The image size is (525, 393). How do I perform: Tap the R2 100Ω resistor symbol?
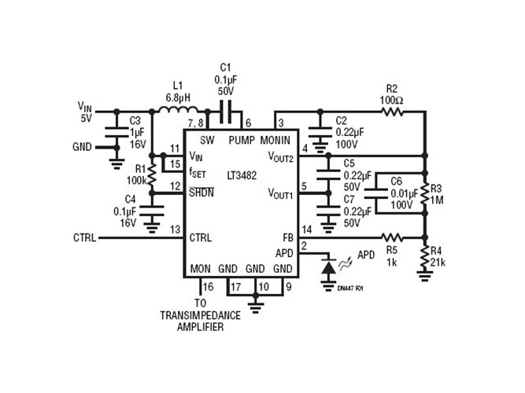click(392, 112)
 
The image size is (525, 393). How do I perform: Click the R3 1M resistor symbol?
click(425, 193)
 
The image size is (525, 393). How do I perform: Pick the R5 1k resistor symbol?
click(392, 237)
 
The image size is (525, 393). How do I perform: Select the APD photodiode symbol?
click(327, 267)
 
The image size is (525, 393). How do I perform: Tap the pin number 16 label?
click(208, 286)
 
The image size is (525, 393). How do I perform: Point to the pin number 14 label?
click(308, 229)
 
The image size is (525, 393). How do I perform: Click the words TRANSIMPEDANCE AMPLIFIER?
click(201, 321)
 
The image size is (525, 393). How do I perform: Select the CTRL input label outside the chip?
click(85, 237)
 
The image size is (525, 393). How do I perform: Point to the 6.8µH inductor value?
click(178, 97)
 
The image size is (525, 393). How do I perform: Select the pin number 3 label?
click(280, 123)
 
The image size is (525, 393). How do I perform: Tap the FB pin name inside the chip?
click(287, 237)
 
